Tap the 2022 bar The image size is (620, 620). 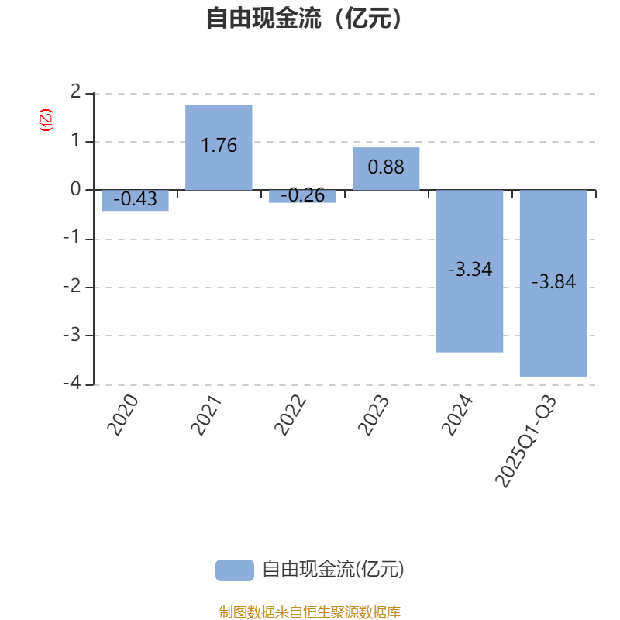click(x=302, y=197)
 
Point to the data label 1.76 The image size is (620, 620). click(x=219, y=145)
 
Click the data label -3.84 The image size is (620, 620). click(x=553, y=282)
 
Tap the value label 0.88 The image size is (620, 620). click(x=386, y=167)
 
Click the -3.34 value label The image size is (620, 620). click(x=470, y=270)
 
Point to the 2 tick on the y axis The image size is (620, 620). click(x=75, y=92)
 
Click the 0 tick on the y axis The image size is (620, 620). click(x=75, y=189)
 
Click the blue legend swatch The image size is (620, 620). click(x=234, y=570)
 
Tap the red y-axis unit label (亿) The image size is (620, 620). click(x=45, y=120)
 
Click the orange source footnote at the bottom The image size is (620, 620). click(x=309, y=611)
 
